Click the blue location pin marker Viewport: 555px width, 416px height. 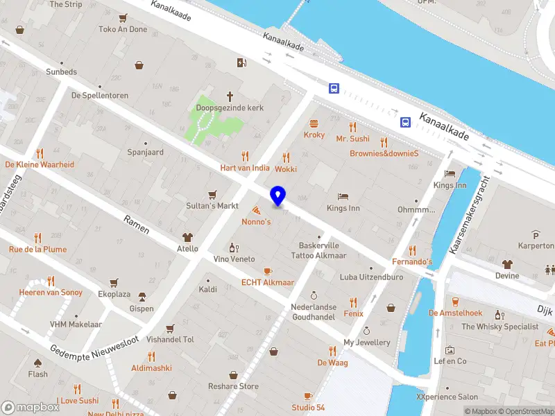(277, 196)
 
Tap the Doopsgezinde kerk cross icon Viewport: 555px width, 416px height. (230, 97)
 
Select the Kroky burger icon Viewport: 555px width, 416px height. (314, 123)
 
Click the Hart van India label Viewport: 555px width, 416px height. (245, 168)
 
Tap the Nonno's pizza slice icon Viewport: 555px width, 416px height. (256, 209)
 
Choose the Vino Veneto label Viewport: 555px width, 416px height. (234, 259)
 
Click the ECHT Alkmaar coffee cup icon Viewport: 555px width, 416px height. (268, 270)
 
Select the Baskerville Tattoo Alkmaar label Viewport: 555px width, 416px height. (318, 250)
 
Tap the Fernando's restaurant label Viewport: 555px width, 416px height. (412, 261)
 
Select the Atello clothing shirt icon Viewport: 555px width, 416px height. (187, 236)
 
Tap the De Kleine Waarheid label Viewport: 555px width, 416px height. (40, 164)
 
